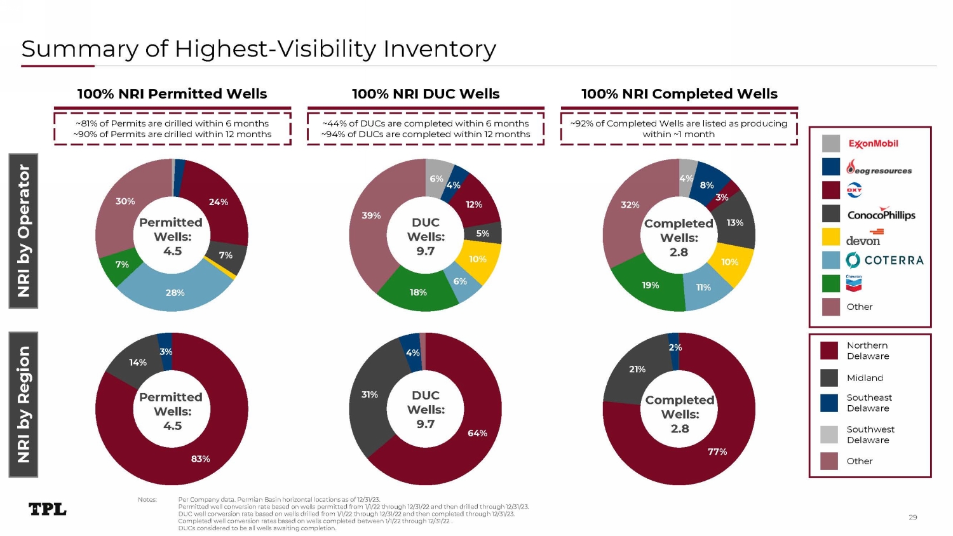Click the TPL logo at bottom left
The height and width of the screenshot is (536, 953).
tap(48, 509)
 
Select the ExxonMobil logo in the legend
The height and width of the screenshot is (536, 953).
tap(873, 144)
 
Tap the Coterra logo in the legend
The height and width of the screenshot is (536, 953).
tap(884, 260)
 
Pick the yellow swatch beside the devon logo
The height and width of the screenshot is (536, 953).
tap(830, 237)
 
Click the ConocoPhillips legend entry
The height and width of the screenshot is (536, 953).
tap(881, 214)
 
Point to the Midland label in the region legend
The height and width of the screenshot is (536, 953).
tap(865, 378)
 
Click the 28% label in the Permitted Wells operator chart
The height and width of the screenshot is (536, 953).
tap(175, 293)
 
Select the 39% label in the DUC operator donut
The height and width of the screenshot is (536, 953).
tap(371, 215)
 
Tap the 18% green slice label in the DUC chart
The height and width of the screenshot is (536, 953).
tap(418, 292)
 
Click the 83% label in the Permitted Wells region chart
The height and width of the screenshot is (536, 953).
tap(200, 459)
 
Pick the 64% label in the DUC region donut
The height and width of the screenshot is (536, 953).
tap(477, 433)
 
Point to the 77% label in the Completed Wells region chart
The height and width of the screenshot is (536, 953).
tap(717, 452)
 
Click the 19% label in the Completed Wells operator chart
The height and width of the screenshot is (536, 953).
tap(650, 285)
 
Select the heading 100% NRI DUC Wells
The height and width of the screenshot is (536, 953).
tap(426, 94)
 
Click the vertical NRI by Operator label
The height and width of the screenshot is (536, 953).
tap(24, 231)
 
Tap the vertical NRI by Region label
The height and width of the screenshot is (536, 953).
tap(24, 405)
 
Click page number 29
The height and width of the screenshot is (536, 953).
tap(912, 517)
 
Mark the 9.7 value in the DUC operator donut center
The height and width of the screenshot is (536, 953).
tap(425, 251)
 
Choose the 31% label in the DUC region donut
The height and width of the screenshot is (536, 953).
tap(369, 394)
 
